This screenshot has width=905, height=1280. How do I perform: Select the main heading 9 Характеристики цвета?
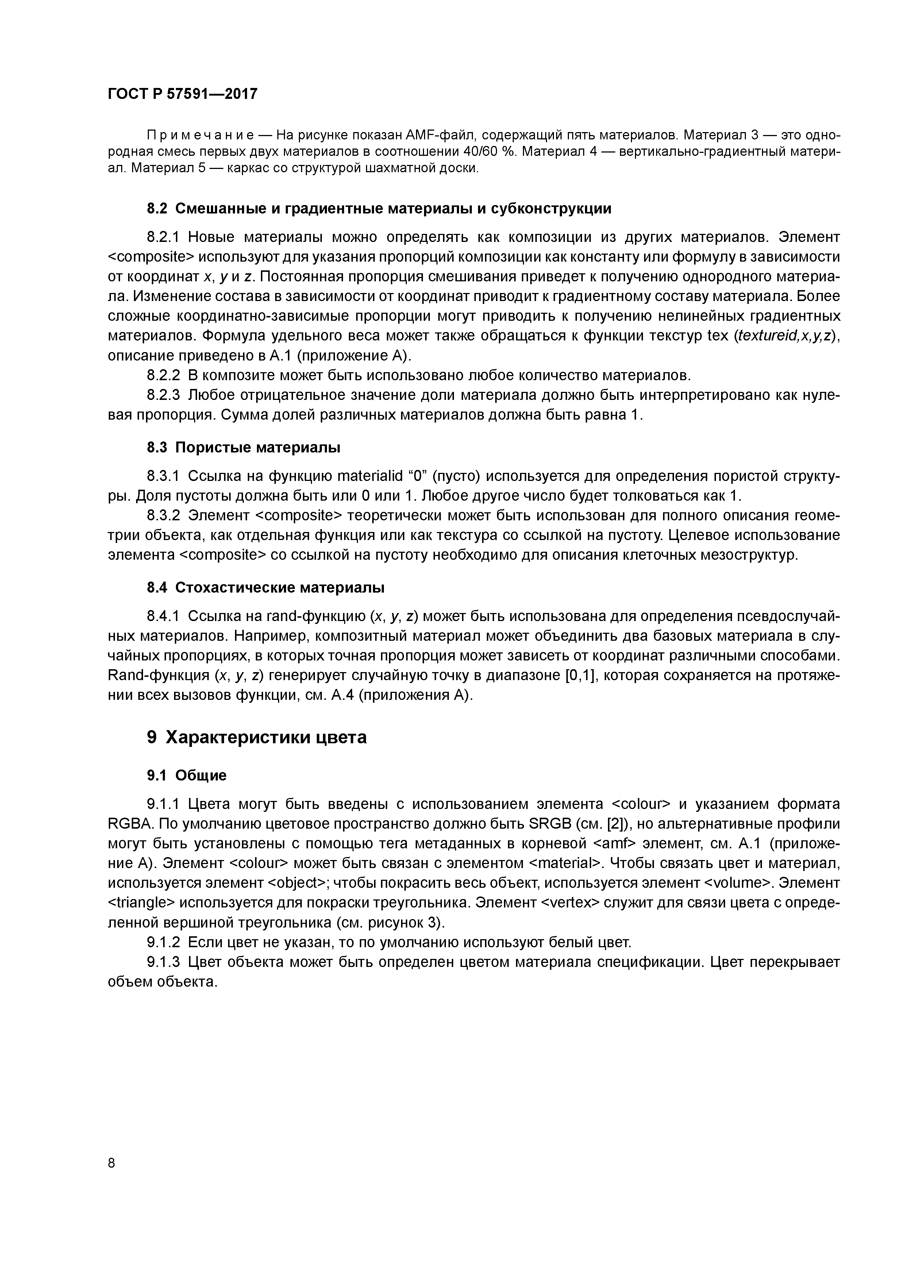click(x=257, y=737)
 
